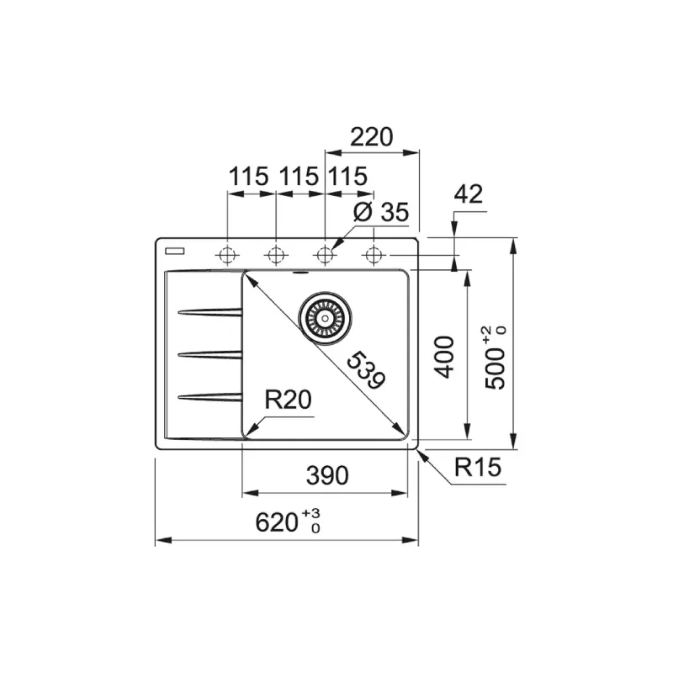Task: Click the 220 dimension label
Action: [372, 137]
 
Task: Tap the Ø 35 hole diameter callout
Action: [381, 212]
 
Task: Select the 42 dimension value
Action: [469, 194]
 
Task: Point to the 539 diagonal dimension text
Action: [366, 370]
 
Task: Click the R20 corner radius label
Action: [288, 400]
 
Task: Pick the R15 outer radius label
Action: [478, 467]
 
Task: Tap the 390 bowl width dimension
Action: [327, 475]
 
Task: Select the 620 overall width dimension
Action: [288, 522]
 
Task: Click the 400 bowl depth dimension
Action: [444, 357]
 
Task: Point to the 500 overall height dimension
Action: [495, 358]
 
